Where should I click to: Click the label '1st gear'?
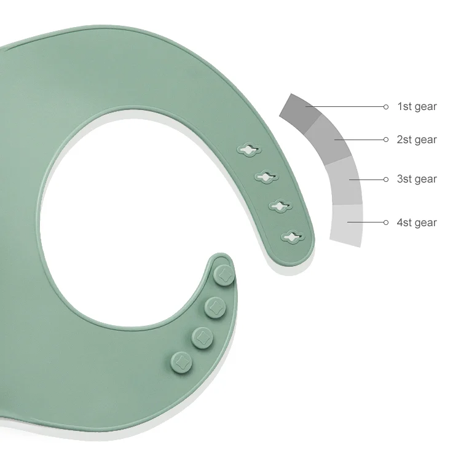417,106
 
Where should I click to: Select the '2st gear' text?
417,140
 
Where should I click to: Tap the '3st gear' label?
417,179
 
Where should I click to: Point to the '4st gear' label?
417,223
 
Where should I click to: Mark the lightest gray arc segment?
347,225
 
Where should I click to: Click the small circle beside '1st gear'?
386,107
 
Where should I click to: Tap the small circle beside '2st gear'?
386,140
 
